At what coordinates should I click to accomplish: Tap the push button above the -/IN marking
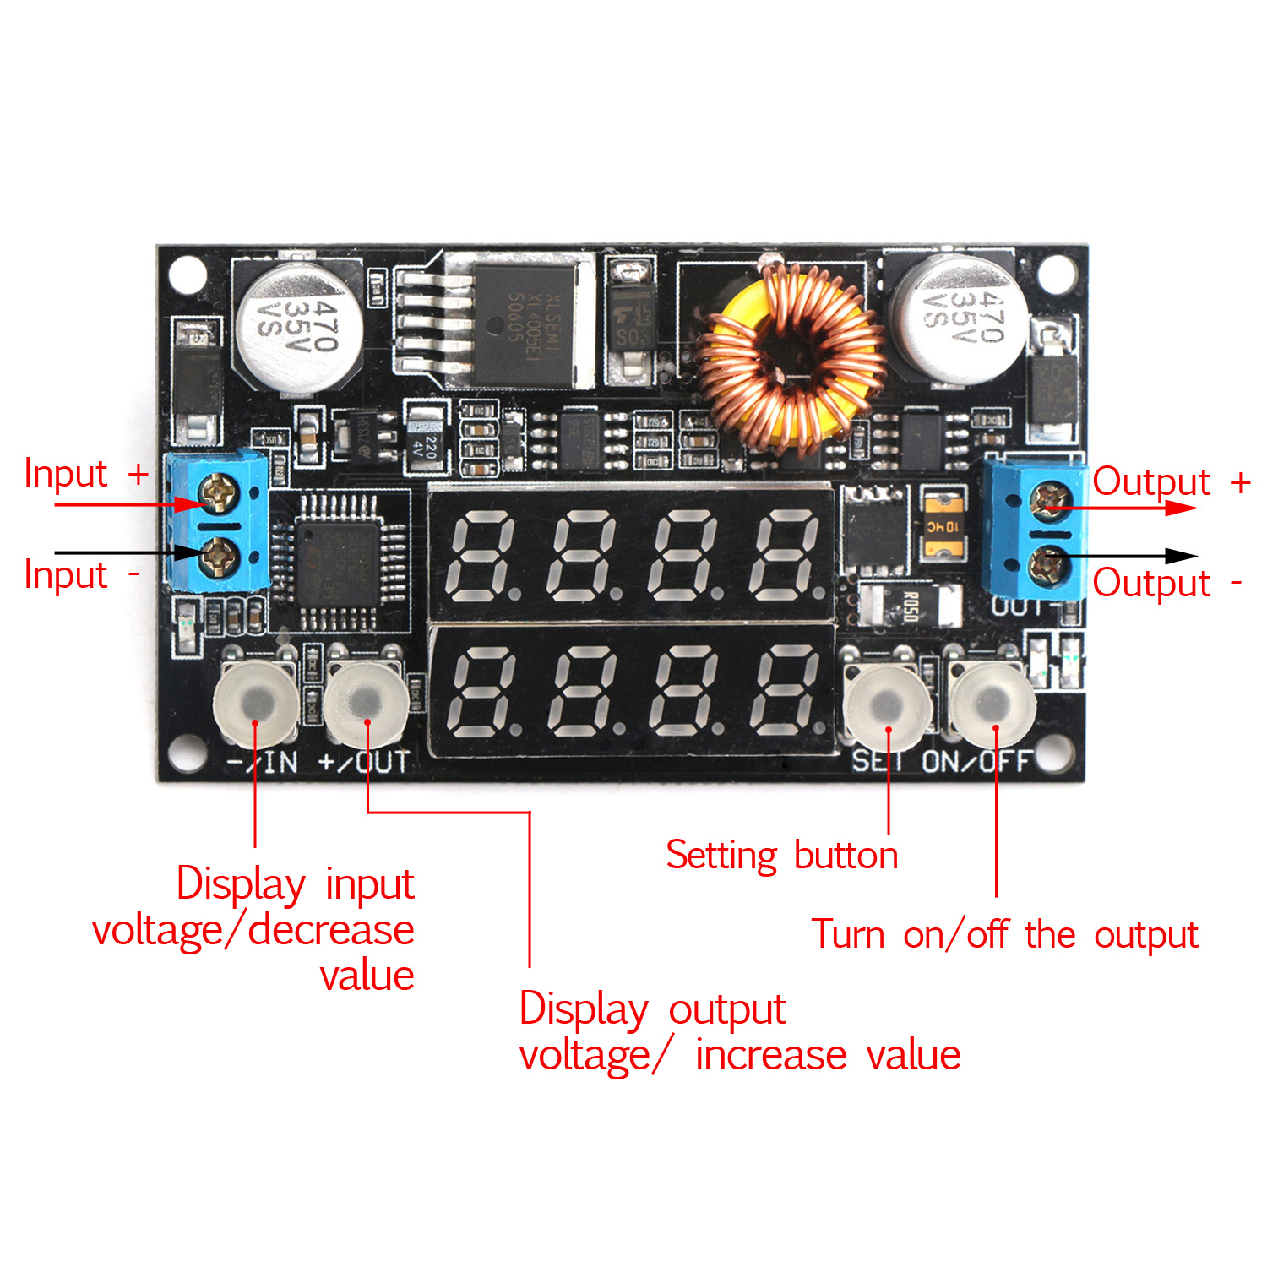[256, 703]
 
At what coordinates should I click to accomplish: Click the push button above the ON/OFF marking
[993, 703]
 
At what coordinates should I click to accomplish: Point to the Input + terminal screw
[219, 492]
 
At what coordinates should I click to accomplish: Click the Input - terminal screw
[219, 556]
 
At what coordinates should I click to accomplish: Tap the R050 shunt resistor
[911, 605]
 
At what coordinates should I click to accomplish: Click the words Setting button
[781, 856]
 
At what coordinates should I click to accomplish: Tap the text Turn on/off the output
[1004, 935]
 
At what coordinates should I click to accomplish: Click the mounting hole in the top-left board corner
[188, 275]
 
